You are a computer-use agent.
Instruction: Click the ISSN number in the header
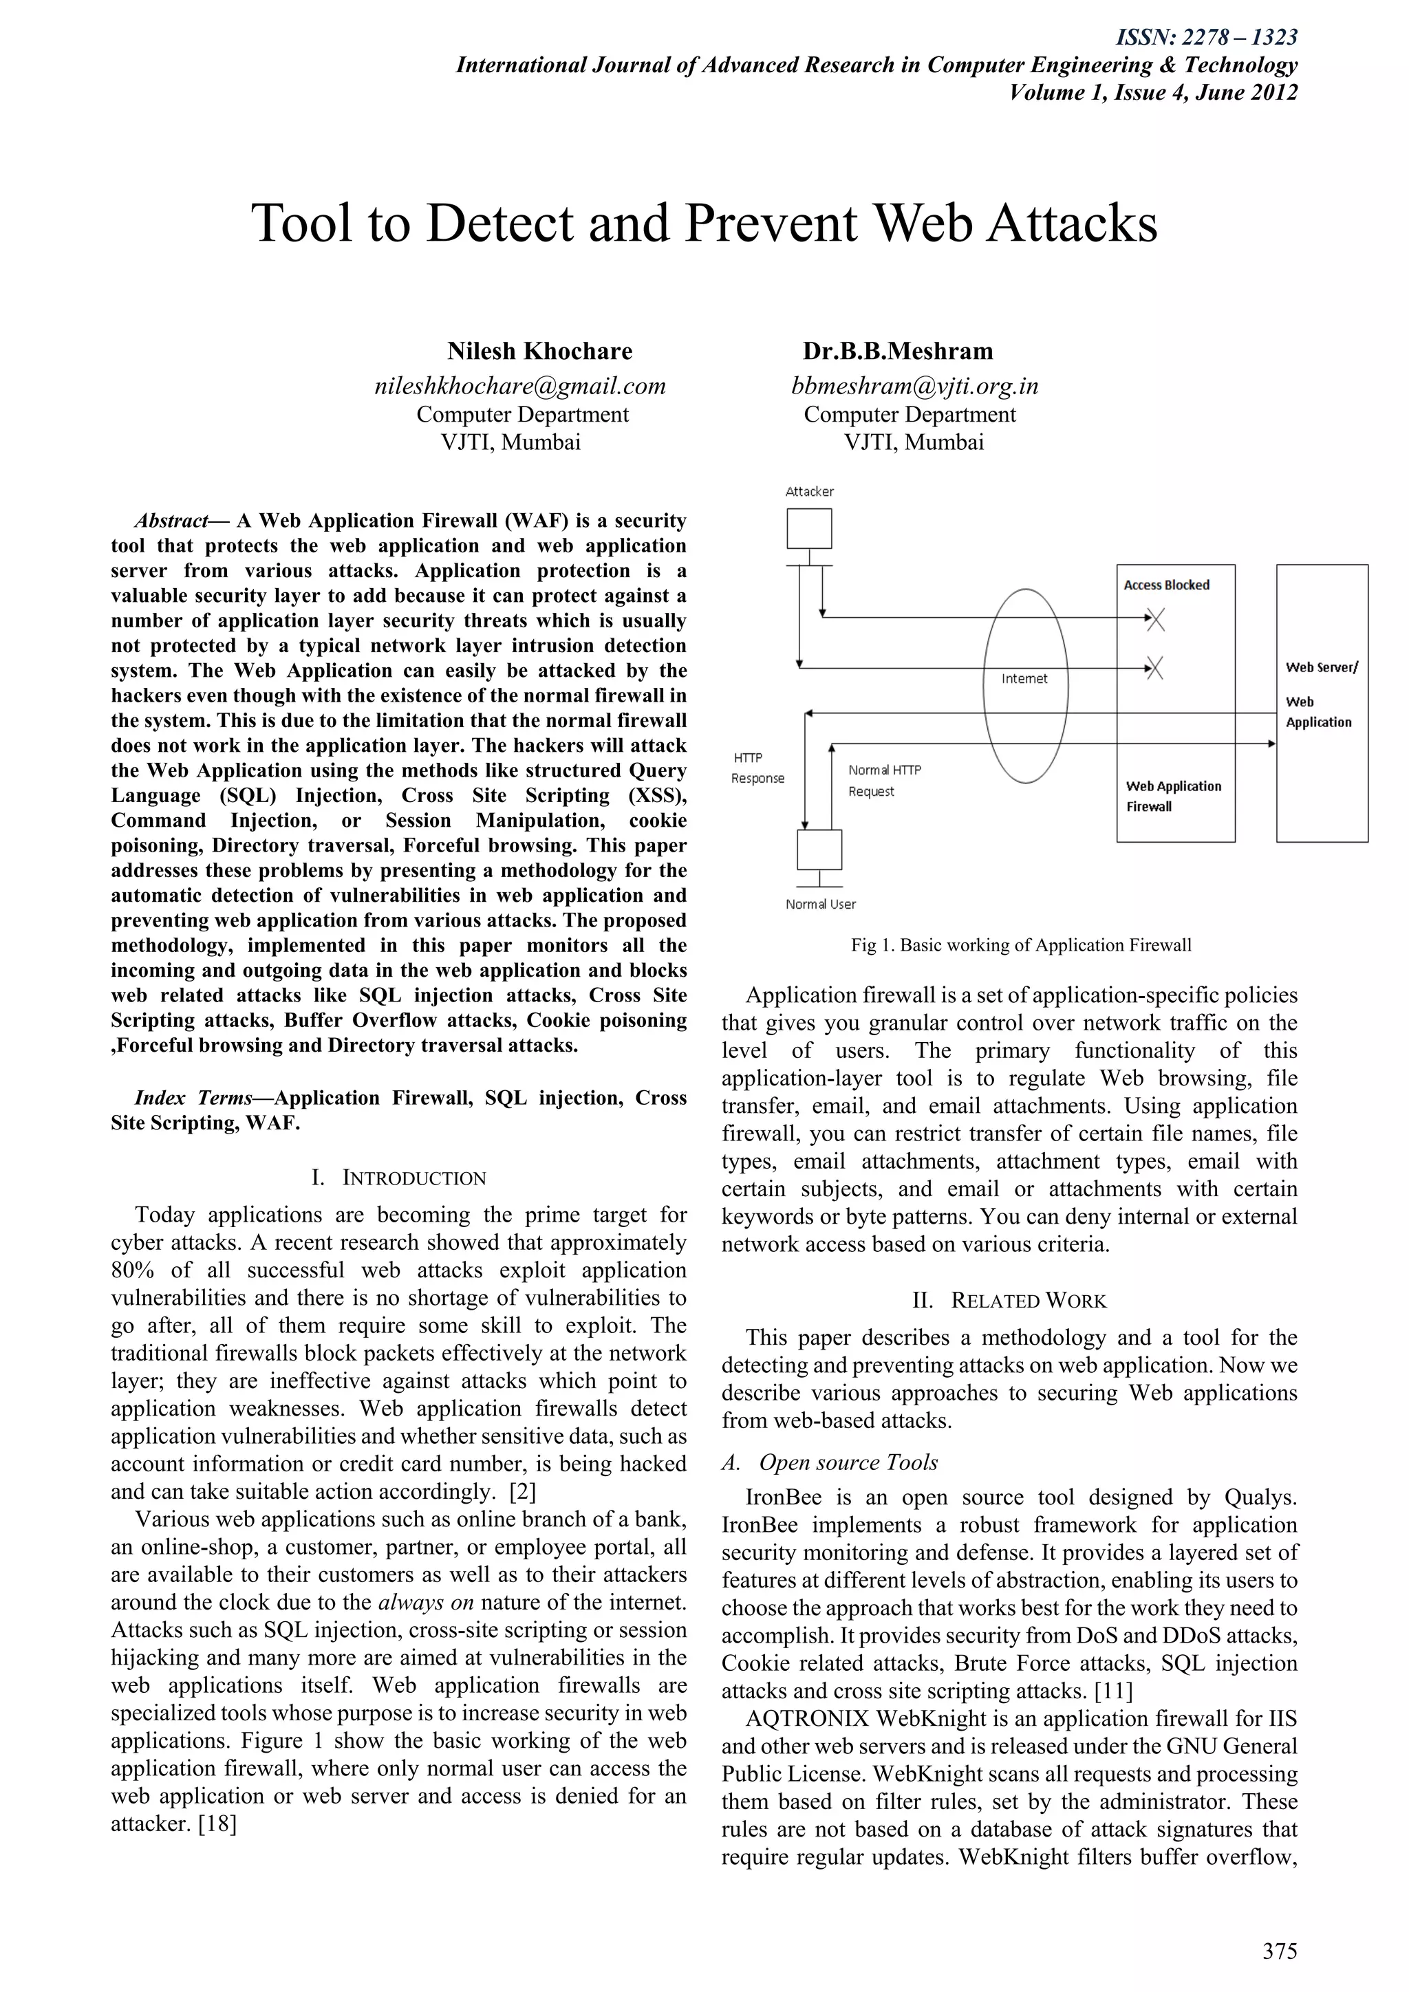coord(1206,37)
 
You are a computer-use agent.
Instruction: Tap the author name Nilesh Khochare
coord(539,351)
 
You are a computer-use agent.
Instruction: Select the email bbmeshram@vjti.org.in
coord(914,386)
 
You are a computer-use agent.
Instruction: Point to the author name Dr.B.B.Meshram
coord(897,351)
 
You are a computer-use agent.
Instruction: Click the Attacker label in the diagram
coord(810,492)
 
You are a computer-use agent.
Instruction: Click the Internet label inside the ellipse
coord(1024,678)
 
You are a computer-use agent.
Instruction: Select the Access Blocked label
coord(1166,585)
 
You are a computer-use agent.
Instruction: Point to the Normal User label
coord(820,904)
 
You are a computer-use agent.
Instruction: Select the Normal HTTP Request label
coord(883,780)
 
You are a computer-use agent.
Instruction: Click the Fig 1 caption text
coord(1020,946)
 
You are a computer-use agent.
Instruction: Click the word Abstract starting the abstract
coord(171,521)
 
